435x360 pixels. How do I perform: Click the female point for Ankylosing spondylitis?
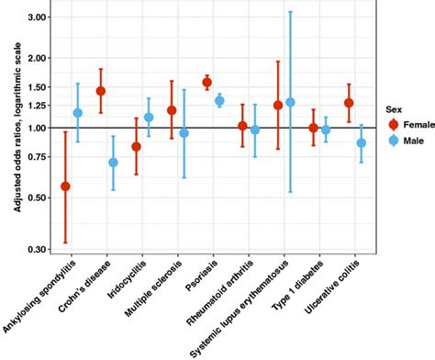(65, 186)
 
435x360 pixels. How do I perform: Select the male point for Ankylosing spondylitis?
(78, 113)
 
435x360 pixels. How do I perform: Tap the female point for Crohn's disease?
(101, 92)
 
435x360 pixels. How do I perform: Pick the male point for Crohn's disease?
(113, 163)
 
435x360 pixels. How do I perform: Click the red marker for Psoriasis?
(207, 83)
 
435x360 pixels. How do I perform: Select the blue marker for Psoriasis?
(219, 101)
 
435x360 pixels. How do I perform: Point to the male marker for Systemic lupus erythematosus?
(290, 102)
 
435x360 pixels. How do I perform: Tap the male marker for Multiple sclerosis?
(184, 133)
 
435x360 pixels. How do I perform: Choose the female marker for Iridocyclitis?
(136, 146)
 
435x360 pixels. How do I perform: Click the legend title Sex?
(392, 107)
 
